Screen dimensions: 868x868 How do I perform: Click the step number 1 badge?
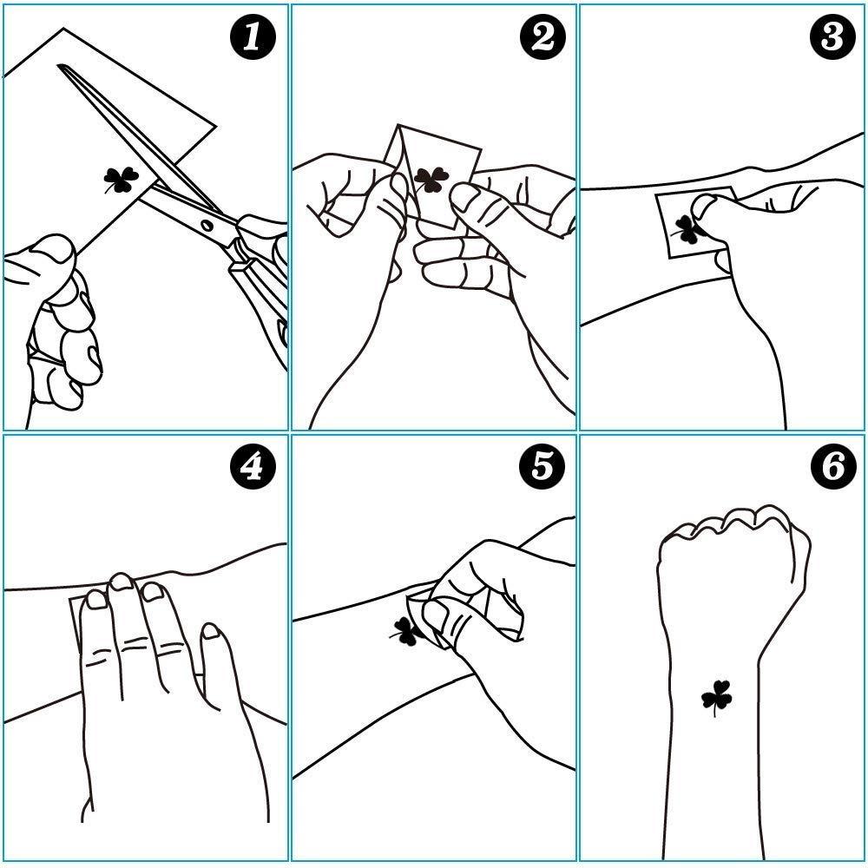pos(253,37)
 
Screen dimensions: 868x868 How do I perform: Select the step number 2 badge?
pos(543,37)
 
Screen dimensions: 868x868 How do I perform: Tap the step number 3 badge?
pos(832,37)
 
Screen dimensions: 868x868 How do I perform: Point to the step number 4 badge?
pos(253,467)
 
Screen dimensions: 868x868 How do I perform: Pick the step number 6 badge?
pos(832,467)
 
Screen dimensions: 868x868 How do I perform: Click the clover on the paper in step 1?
pos(120,180)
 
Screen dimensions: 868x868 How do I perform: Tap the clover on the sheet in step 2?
pos(431,180)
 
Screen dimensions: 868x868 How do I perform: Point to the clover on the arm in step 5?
pos(405,632)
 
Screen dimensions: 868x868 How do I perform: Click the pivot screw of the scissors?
pos(207,226)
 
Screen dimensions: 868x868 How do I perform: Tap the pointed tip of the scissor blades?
pos(59,67)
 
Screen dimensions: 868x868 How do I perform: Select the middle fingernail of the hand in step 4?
pos(122,582)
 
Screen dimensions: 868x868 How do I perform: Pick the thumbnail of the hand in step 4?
pos(211,630)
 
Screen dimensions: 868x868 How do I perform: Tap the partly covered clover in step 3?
pos(687,230)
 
